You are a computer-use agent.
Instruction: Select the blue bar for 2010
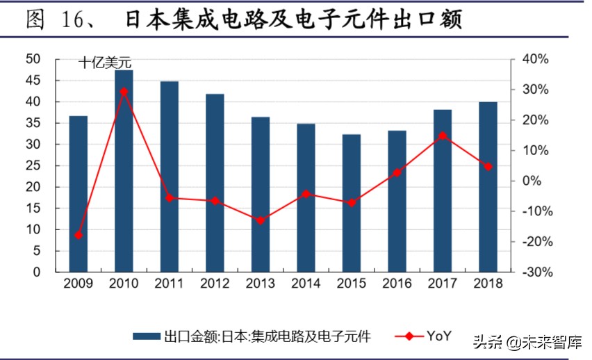(124, 171)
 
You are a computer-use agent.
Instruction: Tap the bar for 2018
(488, 187)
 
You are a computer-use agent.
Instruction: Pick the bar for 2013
(261, 195)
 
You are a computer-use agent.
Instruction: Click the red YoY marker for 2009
(79, 236)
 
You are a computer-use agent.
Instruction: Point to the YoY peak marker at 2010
(124, 91)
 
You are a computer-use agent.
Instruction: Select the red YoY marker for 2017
(442, 136)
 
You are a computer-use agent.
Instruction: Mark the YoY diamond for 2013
(261, 221)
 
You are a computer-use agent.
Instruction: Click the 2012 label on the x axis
(215, 284)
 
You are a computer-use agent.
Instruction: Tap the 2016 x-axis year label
(397, 284)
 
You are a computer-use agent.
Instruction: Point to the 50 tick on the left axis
(33, 60)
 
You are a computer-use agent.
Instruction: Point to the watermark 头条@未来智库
(528, 342)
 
